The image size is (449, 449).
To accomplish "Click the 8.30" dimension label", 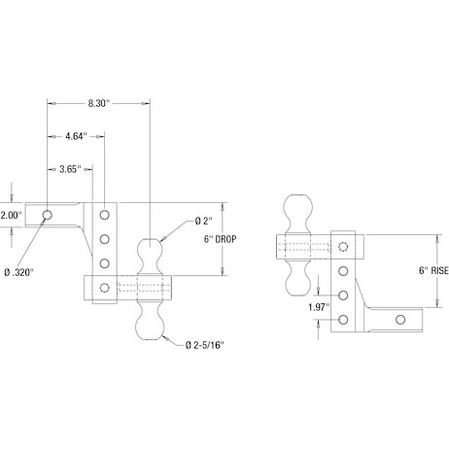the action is pos(99,103).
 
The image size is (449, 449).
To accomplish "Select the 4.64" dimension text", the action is pos(77,136).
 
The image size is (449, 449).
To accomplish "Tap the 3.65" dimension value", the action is pos(70,169).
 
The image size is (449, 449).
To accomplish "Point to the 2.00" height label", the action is pos(11,215).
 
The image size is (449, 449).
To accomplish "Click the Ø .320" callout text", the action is pos(19,272).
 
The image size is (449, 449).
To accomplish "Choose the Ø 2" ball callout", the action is pos(204,222).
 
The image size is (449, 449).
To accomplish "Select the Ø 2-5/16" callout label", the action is pos(205,345).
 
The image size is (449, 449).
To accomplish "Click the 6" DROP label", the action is pos(220,239).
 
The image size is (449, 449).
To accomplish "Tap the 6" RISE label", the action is pos(433,270).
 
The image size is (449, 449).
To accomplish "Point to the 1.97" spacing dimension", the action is pos(319,307).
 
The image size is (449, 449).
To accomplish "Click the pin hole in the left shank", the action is pos(48,215).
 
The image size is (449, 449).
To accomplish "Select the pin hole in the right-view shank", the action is pos(400,320).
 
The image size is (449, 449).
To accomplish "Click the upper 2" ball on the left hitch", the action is pos(150,256).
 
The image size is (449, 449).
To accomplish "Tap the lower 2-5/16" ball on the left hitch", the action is pos(150,320).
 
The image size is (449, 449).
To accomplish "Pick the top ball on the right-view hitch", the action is pos(298,213).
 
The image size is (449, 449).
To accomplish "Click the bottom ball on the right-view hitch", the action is pos(298,278).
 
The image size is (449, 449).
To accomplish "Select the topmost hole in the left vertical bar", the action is pos(104,215).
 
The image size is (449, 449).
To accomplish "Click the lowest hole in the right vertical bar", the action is pos(343,320).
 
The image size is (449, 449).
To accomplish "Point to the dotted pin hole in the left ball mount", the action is pos(104,288).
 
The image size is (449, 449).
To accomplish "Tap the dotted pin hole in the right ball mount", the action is pos(343,247).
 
